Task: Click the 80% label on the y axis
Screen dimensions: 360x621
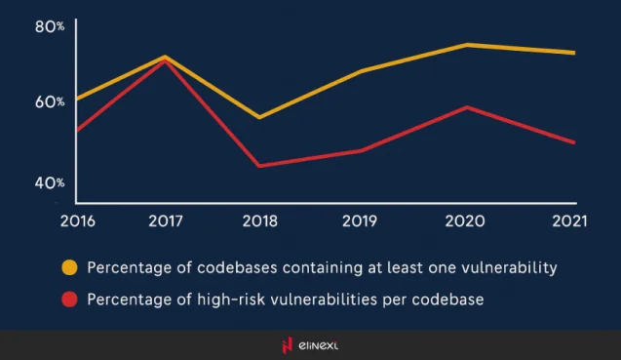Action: click(50, 26)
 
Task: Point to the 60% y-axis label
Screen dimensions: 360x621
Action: click(50, 101)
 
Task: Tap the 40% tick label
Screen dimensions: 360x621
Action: click(50, 182)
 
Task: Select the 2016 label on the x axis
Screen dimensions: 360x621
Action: click(78, 220)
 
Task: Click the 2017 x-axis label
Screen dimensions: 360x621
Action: click(167, 220)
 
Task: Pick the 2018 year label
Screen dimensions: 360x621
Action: click(258, 220)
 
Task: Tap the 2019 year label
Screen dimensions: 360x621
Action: click(362, 220)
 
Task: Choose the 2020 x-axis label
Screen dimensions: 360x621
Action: click(465, 220)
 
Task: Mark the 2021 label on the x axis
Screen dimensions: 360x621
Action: click(568, 220)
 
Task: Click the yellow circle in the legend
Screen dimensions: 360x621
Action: click(69, 266)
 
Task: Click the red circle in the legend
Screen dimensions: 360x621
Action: click(69, 299)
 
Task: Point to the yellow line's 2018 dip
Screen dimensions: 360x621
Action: click(258, 117)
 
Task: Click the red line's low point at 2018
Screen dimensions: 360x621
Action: click(258, 166)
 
